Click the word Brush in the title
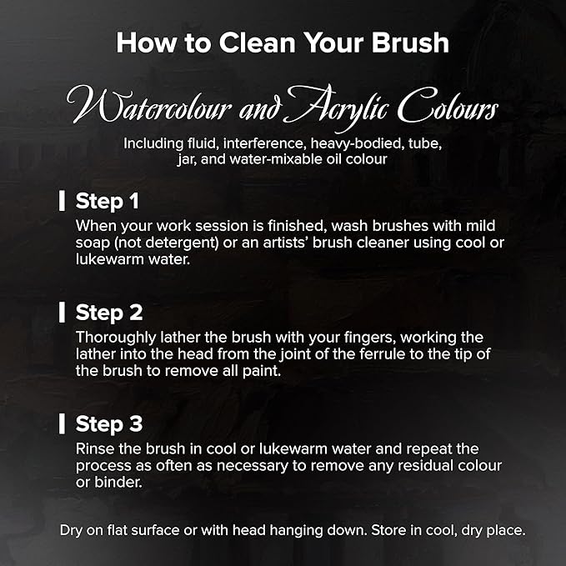410,43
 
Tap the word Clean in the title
258,43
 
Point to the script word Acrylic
337,107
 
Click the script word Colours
448,105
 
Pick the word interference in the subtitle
263,143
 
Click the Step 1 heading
108,201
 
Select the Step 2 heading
109,313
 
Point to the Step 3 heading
109,423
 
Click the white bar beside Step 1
62,201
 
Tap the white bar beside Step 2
62,313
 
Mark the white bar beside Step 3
62,423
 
